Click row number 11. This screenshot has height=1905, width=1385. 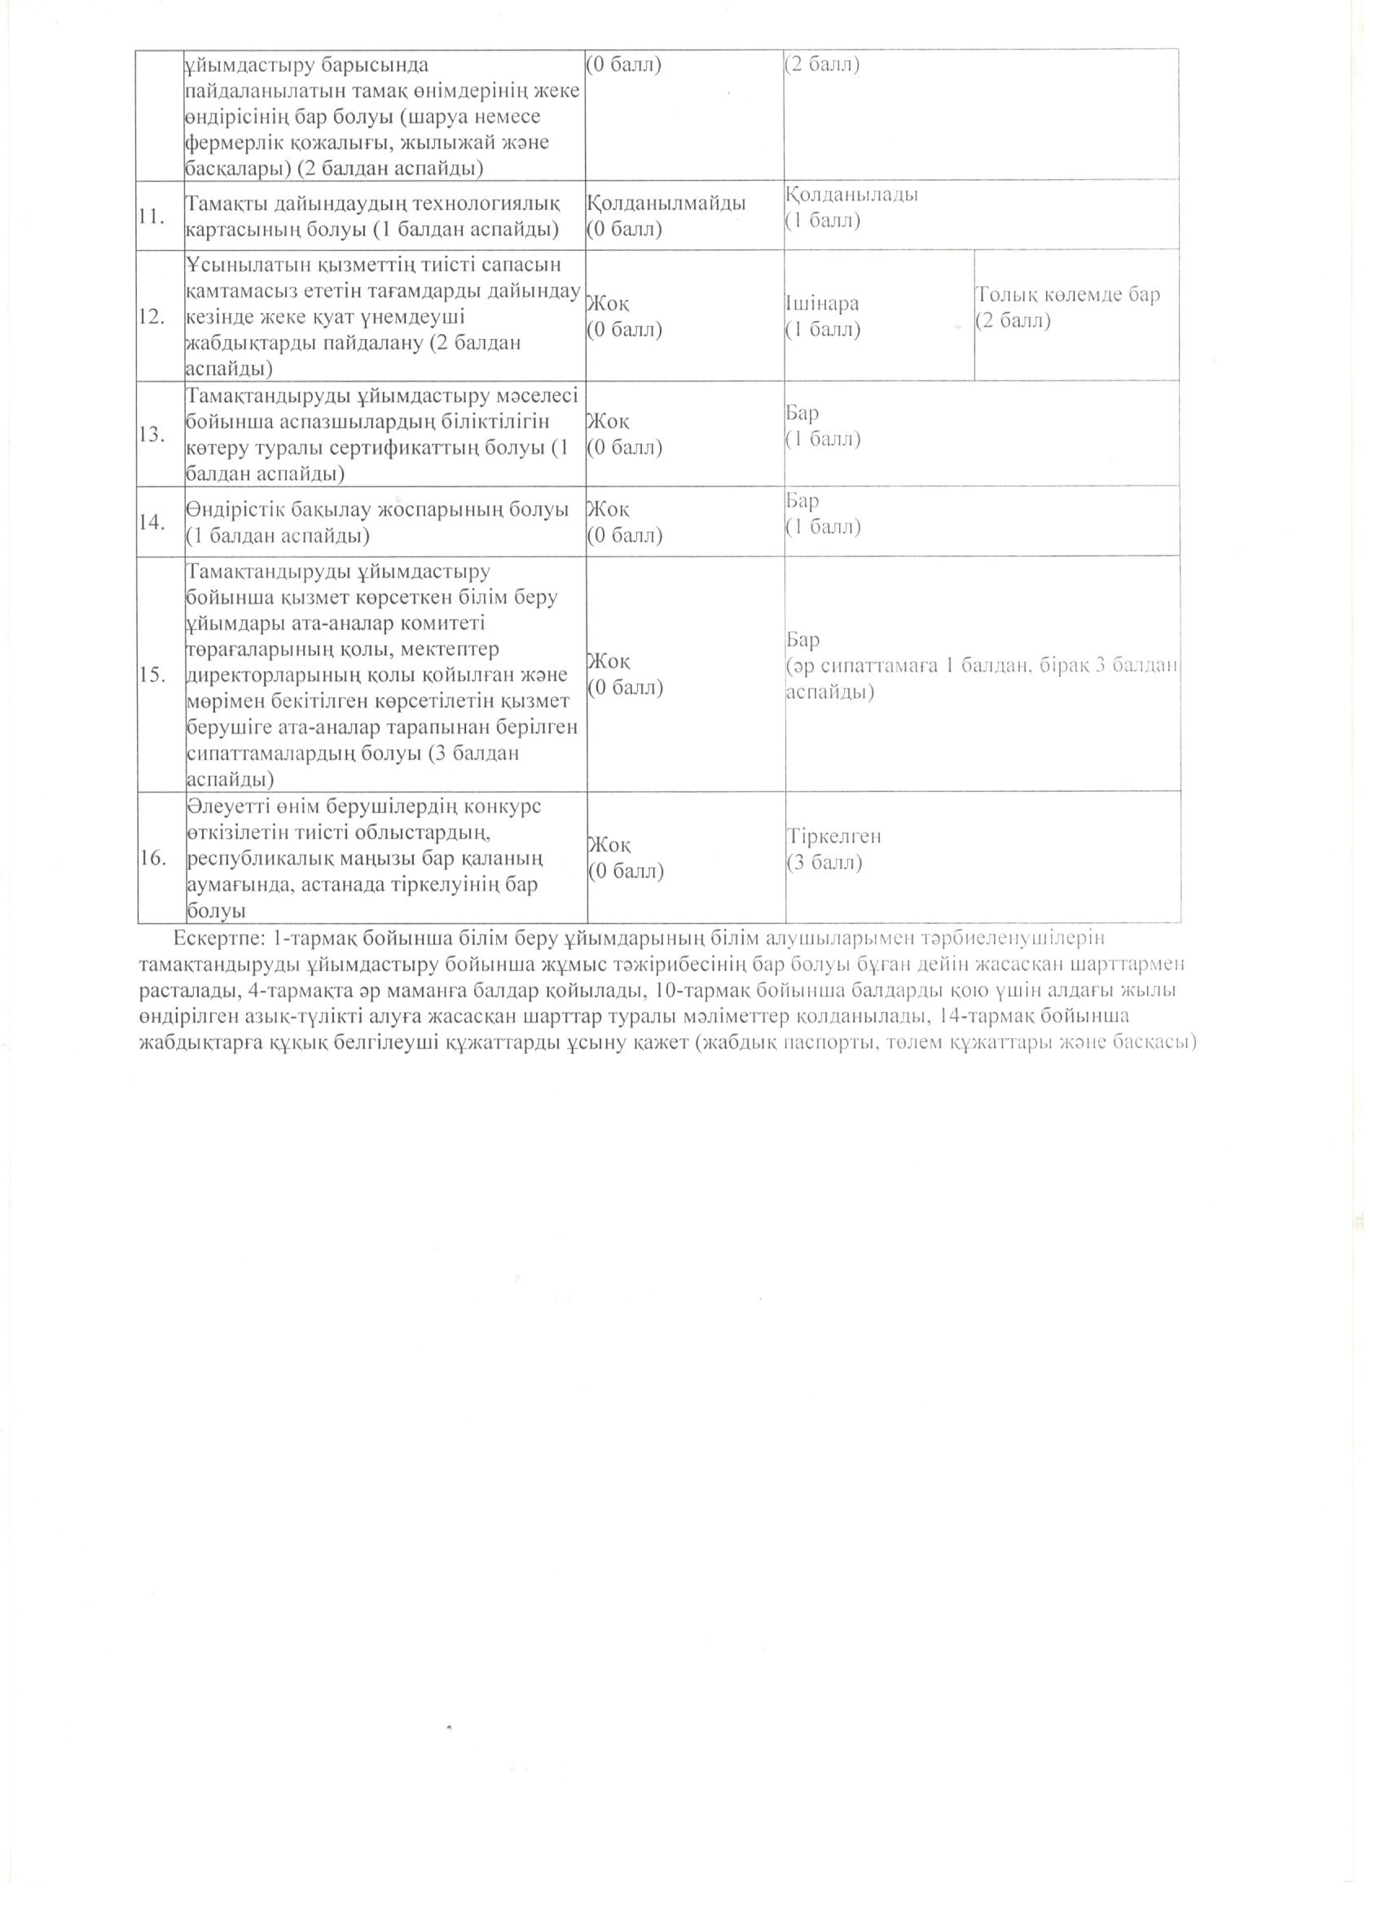(152, 216)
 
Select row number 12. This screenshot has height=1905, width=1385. (152, 317)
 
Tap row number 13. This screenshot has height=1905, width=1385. (152, 434)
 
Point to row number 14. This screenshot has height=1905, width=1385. (152, 522)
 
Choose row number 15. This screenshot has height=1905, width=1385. (152, 675)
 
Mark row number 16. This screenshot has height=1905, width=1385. (152, 858)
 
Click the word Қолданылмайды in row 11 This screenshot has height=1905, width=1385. (666, 202)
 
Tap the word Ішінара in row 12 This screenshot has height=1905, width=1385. (822, 304)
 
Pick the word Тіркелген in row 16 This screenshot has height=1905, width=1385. (834, 837)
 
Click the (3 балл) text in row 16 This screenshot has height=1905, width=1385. (824, 863)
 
